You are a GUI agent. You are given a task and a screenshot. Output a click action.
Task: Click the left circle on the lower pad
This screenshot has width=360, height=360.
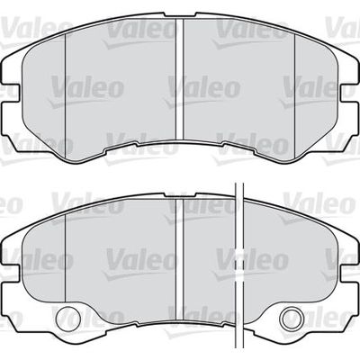pos(69,318)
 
